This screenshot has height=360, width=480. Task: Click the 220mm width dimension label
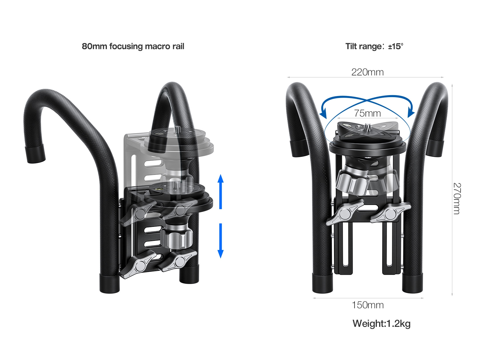coord(367,72)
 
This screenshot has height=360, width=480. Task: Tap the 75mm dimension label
coord(367,113)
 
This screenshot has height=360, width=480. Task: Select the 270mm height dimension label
coord(457,199)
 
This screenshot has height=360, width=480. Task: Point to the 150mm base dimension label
coord(367,305)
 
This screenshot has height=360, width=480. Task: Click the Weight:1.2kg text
coord(381,324)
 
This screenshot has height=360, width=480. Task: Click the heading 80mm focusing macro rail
coord(133,46)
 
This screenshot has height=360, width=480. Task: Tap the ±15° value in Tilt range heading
coord(396,46)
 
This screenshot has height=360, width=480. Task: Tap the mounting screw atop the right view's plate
coord(367,126)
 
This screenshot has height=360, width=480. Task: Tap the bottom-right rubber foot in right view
coord(412,283)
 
